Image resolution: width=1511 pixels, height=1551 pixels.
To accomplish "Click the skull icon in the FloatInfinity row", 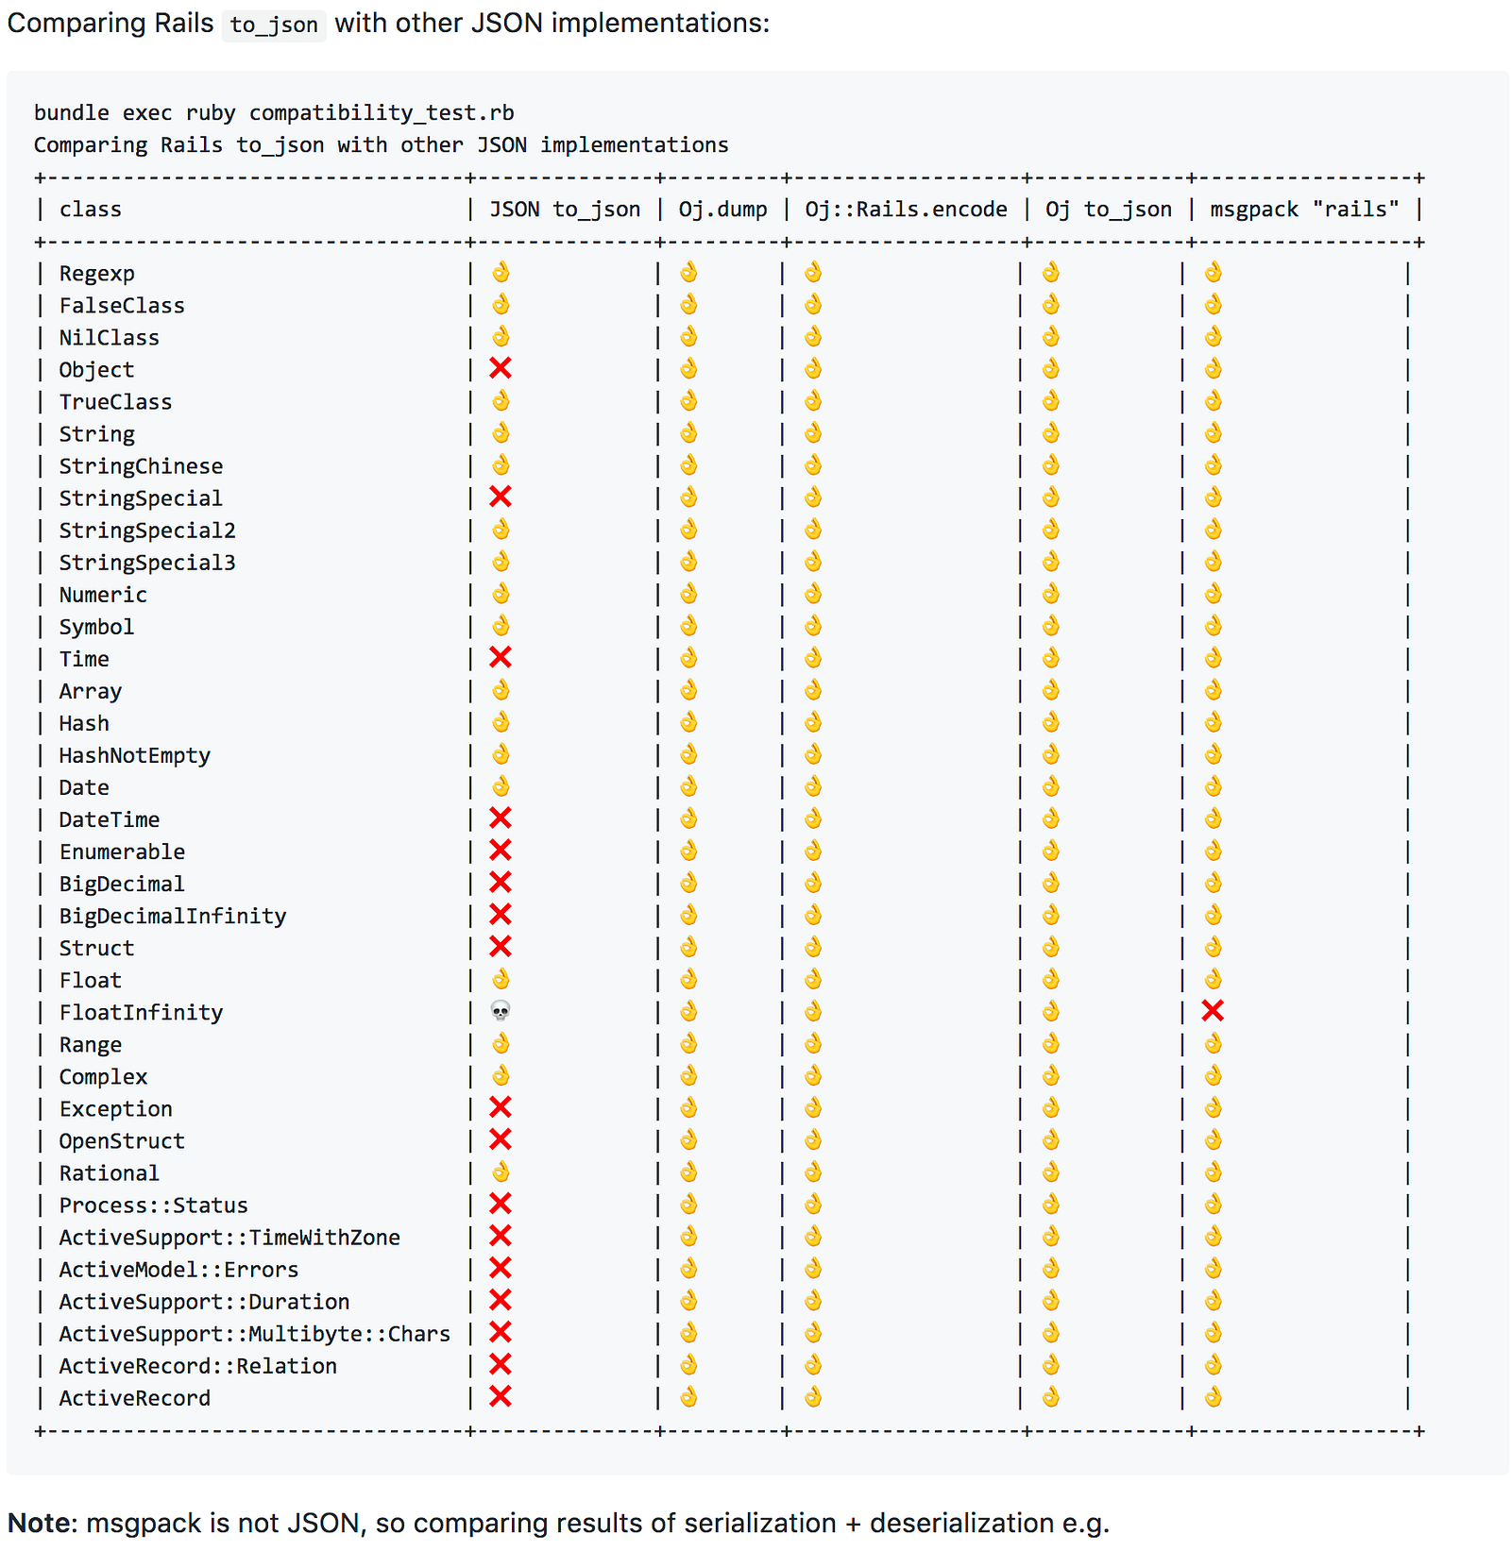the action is click(x=501, y=1011).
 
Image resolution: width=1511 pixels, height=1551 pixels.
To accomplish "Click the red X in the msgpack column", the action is click(x=1213, y=1011).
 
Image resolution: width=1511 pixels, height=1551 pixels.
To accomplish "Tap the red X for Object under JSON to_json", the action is click(x=501, y=368).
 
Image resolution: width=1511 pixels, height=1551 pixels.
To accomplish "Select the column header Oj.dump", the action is click(x=722, y=209).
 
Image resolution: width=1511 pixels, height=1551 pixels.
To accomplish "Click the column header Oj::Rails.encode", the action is click(x=906, y=209).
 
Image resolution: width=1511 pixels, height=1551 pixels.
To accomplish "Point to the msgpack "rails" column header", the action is click(x=1304, y=209).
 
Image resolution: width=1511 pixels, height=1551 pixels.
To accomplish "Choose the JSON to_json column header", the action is click(x=565, y=209).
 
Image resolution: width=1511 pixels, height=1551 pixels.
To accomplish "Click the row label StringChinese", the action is click(x=141, y=465).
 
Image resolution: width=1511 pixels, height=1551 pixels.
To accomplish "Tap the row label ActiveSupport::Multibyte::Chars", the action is click(x=254, y=1333).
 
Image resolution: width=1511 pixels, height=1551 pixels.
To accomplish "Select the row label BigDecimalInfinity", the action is click(x=172, y=915).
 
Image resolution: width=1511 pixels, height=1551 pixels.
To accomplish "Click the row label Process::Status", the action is click(x=153, y=1205).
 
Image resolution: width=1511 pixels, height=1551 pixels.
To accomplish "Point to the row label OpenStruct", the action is click(x=122, y=1140).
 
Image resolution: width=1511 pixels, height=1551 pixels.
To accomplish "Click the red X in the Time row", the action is click(x=501, y=657).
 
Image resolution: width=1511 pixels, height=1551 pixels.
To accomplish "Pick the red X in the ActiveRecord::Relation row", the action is click(x=501, y=1364).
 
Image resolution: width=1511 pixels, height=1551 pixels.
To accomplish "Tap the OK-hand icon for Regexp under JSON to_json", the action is click(x=501, y=272).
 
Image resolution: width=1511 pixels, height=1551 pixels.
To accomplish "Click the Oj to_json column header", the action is click(x=1108, y=209).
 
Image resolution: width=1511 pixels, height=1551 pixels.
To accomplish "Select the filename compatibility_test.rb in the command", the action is click(x=382, y=112).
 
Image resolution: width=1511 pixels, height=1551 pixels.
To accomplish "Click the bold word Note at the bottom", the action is click(x=38, y=1523).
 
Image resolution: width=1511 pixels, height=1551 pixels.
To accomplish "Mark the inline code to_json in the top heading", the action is click(x=274, y=25).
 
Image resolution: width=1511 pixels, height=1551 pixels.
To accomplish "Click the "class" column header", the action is click(x=91, y=209).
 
